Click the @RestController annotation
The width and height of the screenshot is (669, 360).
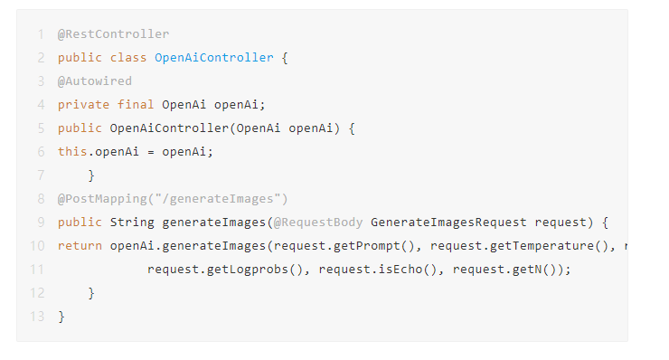[x=114, y=34]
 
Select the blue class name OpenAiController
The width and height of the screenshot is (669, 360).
[x=213, y=58]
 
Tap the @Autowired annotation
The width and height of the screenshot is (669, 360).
[x=95, y=81]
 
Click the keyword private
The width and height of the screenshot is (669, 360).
[x=83, y=105]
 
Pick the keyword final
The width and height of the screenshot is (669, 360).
[x=136, y=105]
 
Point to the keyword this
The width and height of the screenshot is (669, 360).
[x=72, y=152]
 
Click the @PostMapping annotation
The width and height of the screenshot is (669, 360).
[x=173, y=199]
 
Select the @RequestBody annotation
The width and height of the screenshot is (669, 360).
[x=318, y=223]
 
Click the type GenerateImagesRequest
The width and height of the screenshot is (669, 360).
[x=448, y=223]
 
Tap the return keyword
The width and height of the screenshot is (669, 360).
[x=80, y=246]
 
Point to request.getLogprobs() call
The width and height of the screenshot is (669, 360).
[x=225, y=270]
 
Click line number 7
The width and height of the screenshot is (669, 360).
[x=41, y=175]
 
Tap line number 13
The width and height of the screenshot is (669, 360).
[x=37, y=317]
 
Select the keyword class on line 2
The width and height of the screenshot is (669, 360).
[x=128, y=58]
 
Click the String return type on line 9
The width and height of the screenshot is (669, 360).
[x=132, y=223]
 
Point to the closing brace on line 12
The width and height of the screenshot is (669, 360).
[x=91, y=293]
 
